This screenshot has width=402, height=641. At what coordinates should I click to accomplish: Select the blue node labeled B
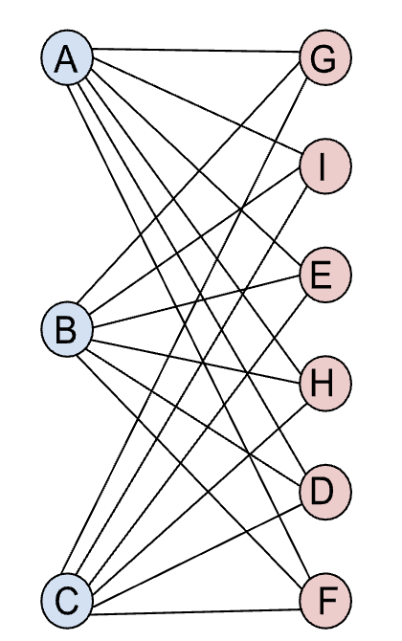click(66, 330)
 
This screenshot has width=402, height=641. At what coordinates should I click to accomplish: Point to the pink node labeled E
click(325, 276)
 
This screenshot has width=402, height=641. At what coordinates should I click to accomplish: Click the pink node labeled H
click(325, 385)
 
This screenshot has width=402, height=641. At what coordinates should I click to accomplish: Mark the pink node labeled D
click(325, 494)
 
